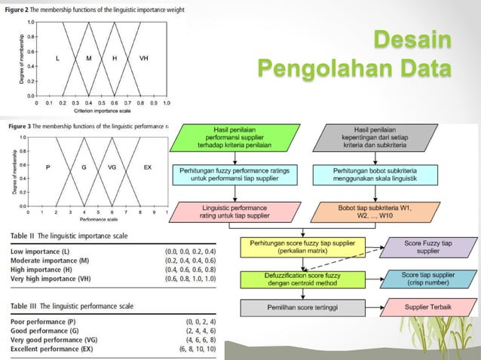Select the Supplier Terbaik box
pyautogui.click(x=430, y=307)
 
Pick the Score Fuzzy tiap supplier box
pyautogui.click(x=430, y=248)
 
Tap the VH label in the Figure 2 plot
pyautogui.click(x=144, y=58)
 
